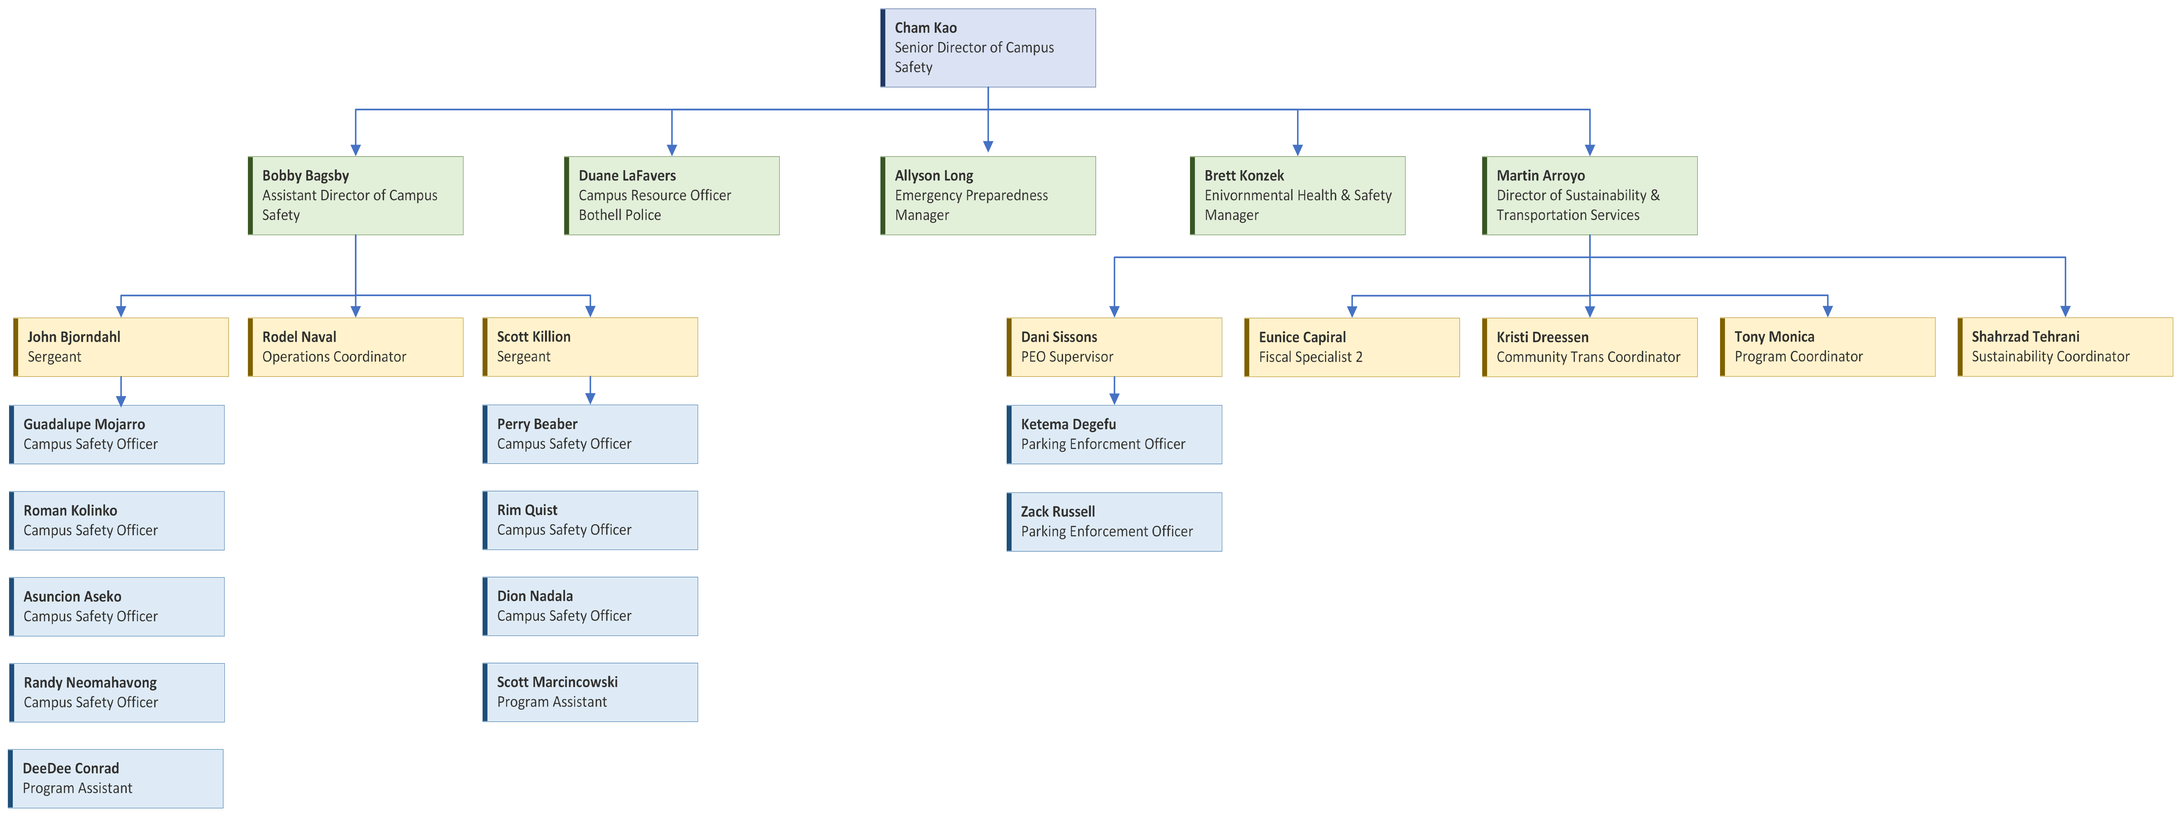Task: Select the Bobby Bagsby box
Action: coord(356,195)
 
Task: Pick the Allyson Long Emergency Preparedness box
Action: coord(988,195)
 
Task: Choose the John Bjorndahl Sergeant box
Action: coord(121,347)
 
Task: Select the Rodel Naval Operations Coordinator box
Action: coord(356,347)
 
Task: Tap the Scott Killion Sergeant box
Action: coord(590,347)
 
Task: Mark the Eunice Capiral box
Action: coord(1352,347)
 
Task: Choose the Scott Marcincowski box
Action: coord(590,692)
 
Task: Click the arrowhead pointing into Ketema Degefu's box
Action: coord(1114,399)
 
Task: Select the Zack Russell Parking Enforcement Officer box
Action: coord(1114,521)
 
